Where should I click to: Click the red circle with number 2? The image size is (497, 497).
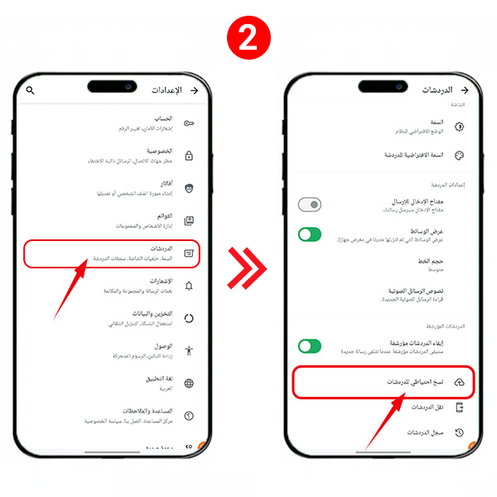point(248,38)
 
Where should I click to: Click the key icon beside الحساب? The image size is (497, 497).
point(189,123)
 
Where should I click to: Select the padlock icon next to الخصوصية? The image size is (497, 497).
point(189,156)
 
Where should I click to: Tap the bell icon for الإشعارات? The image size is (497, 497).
point(189,286)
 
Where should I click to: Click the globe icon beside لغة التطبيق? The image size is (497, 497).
point(189,384)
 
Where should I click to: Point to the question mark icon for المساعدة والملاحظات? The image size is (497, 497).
point(189,416)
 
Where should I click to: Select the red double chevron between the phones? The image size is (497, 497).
point(248,267)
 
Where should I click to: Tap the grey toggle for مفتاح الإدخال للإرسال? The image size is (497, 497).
point(310,205)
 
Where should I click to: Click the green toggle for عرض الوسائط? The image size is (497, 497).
point(310,234)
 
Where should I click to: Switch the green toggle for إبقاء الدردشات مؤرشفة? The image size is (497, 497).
point(310,345)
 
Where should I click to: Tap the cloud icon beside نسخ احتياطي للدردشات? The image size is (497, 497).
point(460,383)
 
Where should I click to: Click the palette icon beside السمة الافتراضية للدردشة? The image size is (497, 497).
point(460,155)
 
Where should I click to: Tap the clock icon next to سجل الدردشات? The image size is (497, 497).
point(460,432)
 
